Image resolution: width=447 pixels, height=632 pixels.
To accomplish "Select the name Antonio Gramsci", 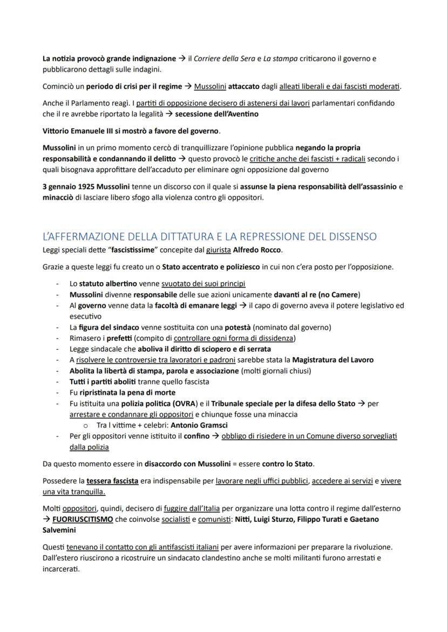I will point(196,425).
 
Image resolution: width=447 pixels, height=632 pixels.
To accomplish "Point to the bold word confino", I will point(197,436).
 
